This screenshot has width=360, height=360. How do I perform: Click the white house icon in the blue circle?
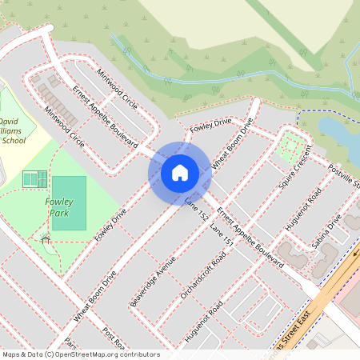[180, 172]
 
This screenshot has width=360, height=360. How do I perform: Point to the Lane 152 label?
[197, 208]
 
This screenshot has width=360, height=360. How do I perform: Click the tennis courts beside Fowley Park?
[34, 178]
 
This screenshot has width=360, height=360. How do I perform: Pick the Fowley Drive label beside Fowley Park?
[110, 225]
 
